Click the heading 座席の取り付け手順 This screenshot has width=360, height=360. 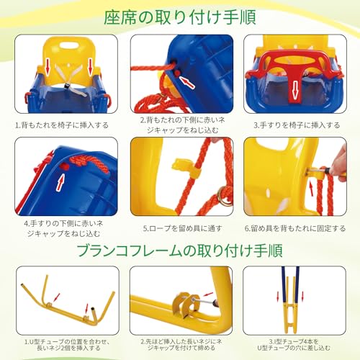click(x=179, y=15)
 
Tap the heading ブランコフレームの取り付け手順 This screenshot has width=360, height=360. click(x=179, y=250)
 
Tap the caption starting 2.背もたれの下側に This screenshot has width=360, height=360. click(x=179, y=124)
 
